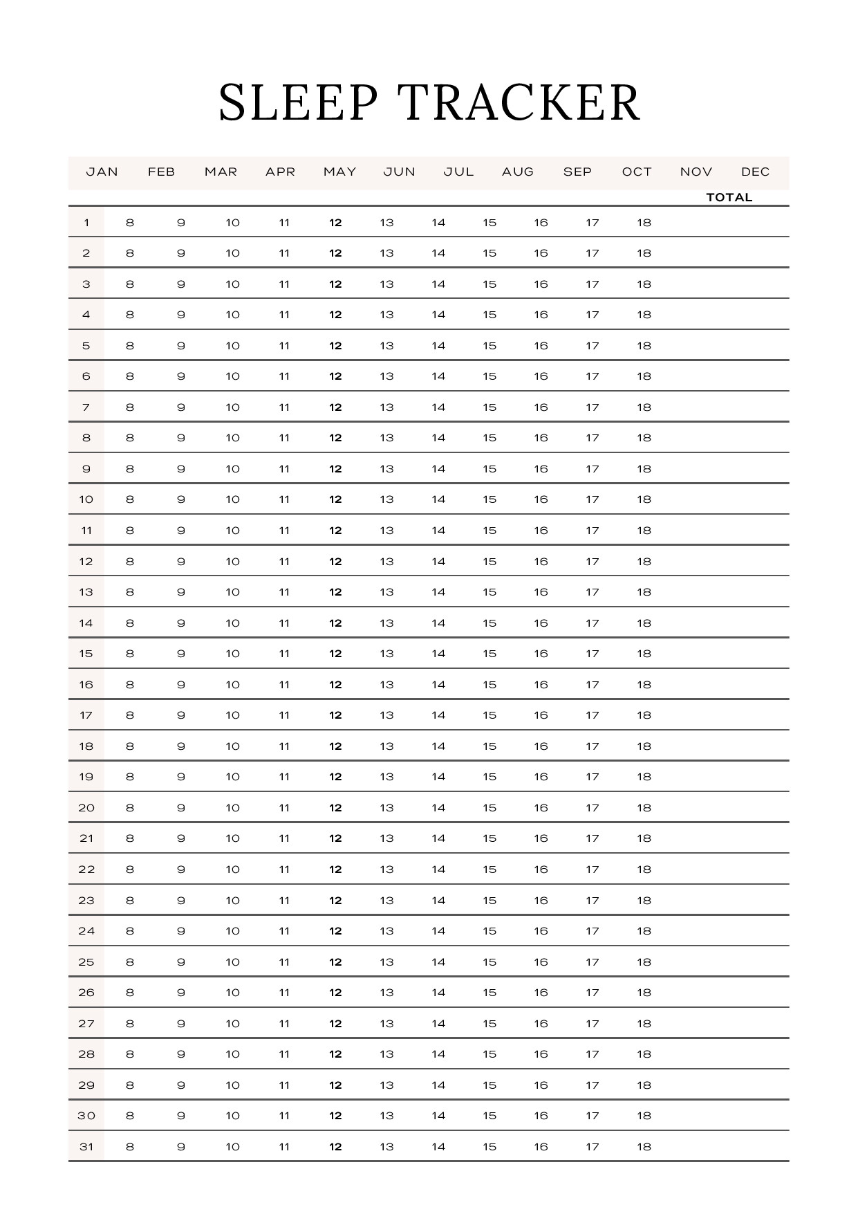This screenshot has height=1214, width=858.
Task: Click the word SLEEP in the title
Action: pos(299,102)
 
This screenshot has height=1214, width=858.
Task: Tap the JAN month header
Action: pos(102,172)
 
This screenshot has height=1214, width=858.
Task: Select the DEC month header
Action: pos(755,172)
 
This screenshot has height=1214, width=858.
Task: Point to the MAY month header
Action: pos(339,172)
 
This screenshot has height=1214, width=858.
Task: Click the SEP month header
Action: pos(577,172)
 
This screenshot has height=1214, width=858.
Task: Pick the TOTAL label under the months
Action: pos(729,197)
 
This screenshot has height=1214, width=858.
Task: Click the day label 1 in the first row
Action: pos(86,223)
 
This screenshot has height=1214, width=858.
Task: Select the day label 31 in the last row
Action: pos(86,1146)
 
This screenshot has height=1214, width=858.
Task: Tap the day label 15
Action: pos(86,654)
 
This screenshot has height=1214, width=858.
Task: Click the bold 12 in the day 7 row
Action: pos(335,407)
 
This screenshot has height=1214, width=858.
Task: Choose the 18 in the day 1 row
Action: pos(644,223)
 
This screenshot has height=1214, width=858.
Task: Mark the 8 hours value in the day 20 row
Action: pos(130,807)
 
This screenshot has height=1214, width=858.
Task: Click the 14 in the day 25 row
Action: pos(438,962)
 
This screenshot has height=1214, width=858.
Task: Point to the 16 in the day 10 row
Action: pos(541,499)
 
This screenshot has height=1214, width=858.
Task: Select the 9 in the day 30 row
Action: pos(181,1115)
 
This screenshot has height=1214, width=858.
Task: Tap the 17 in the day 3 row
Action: pos(593,284)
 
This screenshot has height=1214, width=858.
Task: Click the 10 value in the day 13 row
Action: pos(232,592)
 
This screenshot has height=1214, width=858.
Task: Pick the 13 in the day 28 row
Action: pos(386,1054)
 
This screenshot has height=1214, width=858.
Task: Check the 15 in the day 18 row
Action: pos(489,746)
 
